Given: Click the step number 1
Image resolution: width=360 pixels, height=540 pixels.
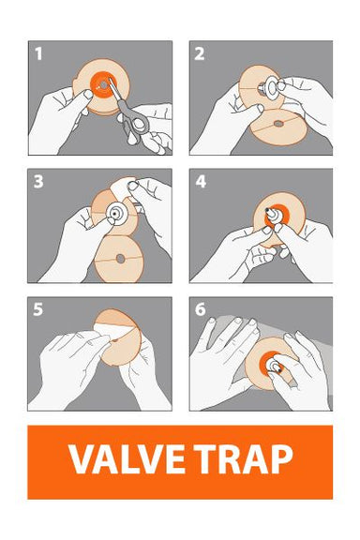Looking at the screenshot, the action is coord(38,54).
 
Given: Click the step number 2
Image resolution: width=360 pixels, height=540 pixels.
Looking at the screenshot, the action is coord(200,54).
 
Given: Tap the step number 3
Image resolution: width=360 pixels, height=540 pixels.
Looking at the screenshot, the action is coord(38,182).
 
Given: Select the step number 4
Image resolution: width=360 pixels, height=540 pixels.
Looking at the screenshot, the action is coord(201,182).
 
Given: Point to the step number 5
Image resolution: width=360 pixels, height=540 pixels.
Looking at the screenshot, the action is coord(38,309).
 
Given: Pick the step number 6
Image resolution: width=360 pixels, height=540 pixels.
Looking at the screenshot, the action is coord(200,309).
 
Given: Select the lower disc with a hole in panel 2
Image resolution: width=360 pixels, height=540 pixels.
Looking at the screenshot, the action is coord(277,127).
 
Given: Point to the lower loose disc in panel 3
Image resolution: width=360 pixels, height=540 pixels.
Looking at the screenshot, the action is coord(118,259).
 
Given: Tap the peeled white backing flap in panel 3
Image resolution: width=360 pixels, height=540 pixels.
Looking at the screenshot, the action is coord(122,188).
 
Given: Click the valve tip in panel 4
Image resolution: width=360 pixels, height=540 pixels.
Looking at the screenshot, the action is coord(267,209).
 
